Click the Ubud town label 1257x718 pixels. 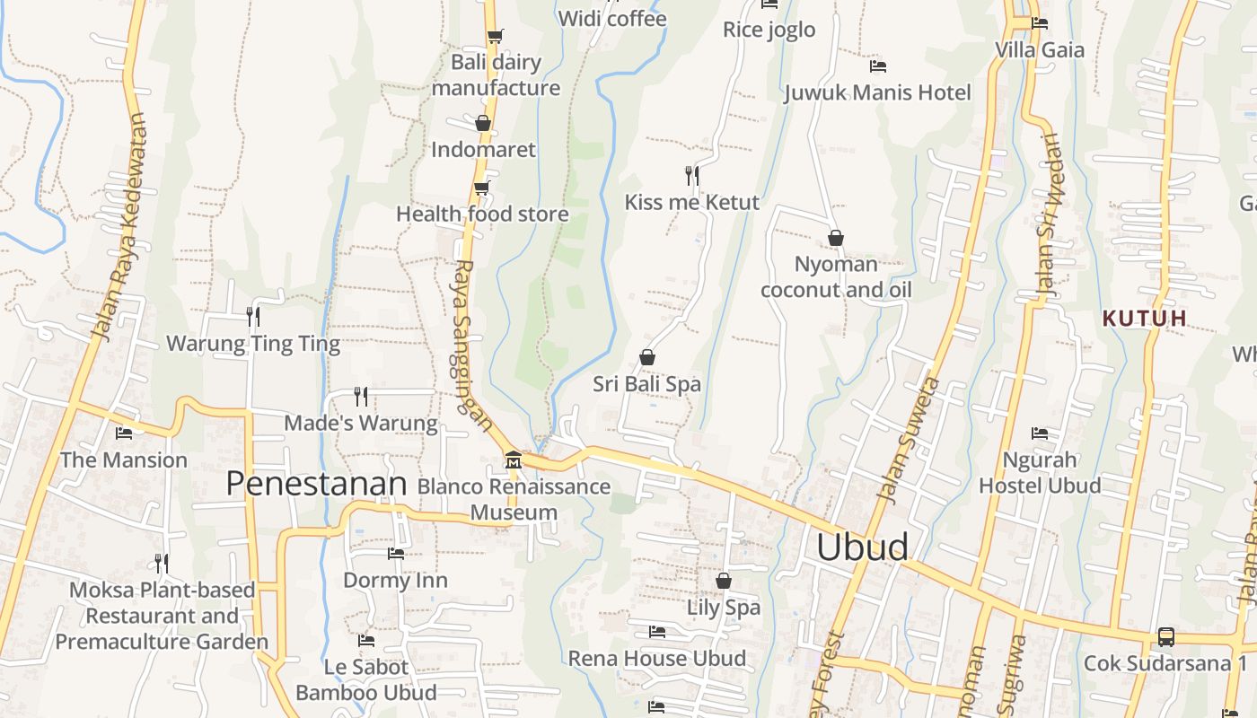point(862,547)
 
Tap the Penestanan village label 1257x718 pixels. point(316,484)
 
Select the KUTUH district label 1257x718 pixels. point(1145,318)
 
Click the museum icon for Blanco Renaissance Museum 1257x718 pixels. point(513,460)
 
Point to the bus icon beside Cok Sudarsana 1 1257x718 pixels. point(1165,637)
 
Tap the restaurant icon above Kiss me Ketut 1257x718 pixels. point(691,175)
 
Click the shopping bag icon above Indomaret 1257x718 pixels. point(483,123)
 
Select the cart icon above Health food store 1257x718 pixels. point(482,188)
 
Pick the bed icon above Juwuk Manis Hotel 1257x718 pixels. point(878,66)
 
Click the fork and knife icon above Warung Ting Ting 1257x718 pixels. point(253,316)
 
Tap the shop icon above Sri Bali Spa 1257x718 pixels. point(646,357)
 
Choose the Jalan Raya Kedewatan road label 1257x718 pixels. point(119,226)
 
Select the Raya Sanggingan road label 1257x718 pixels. point(472,346)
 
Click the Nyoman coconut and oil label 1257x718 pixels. point(836,276)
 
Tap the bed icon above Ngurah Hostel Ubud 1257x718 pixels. point(1040,433)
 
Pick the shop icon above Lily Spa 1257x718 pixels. point(723,581)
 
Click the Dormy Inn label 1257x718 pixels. point(395,580)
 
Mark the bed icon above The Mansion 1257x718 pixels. point(124,433)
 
